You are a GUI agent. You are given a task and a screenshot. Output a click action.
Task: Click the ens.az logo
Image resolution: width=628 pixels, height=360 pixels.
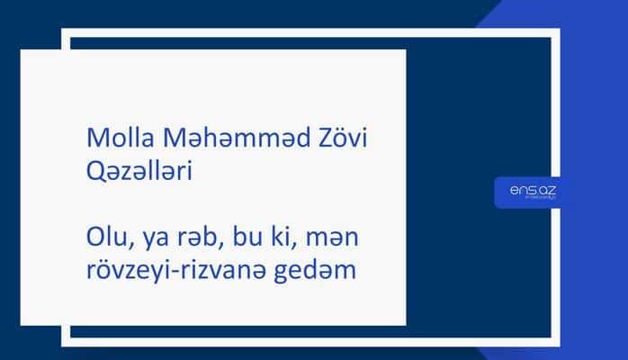[x=531, y=191]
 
